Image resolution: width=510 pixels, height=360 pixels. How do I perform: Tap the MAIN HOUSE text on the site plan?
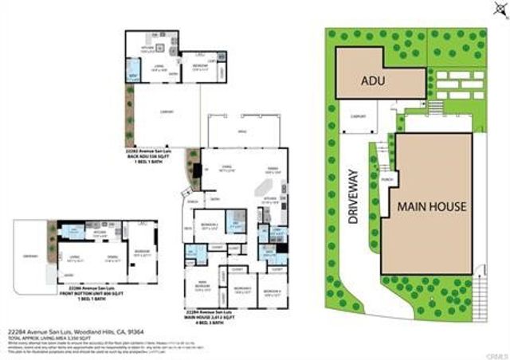coord(430,205)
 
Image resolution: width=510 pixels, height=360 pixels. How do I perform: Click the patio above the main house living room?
coord(243,131)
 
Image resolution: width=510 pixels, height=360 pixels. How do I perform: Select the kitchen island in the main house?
coord(259,187)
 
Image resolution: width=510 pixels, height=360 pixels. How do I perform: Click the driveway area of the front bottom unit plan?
coord(32,256)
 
